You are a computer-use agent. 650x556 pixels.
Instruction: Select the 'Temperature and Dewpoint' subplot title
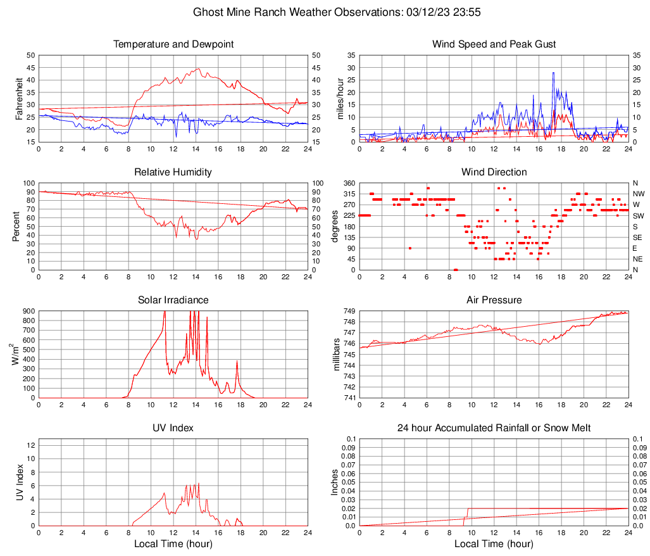click(x=173, y=44)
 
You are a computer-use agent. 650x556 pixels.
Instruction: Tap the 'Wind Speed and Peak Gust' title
click(x=494, y=44)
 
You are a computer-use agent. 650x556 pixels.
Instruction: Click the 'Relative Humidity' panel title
click(x=173, y=172)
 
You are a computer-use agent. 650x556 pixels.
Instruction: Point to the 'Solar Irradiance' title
click(x=173, y=300)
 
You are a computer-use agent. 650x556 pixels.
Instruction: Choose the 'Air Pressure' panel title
click(x=494, y=300)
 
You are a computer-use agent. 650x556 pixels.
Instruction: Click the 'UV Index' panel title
click(x=173, y=428)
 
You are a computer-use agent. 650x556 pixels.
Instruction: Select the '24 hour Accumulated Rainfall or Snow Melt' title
click(x=494, y=428)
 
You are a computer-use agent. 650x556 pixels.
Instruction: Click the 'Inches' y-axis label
click(x=335, y=483)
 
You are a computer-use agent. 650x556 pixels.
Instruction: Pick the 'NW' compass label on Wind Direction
click(x=638, y=194)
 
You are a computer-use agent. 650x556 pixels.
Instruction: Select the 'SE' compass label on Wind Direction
click(x=638, y=237)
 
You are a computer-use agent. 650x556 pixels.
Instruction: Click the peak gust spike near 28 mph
click(x=553, y=73)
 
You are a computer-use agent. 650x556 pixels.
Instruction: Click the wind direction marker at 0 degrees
click(x=456, y=270)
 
